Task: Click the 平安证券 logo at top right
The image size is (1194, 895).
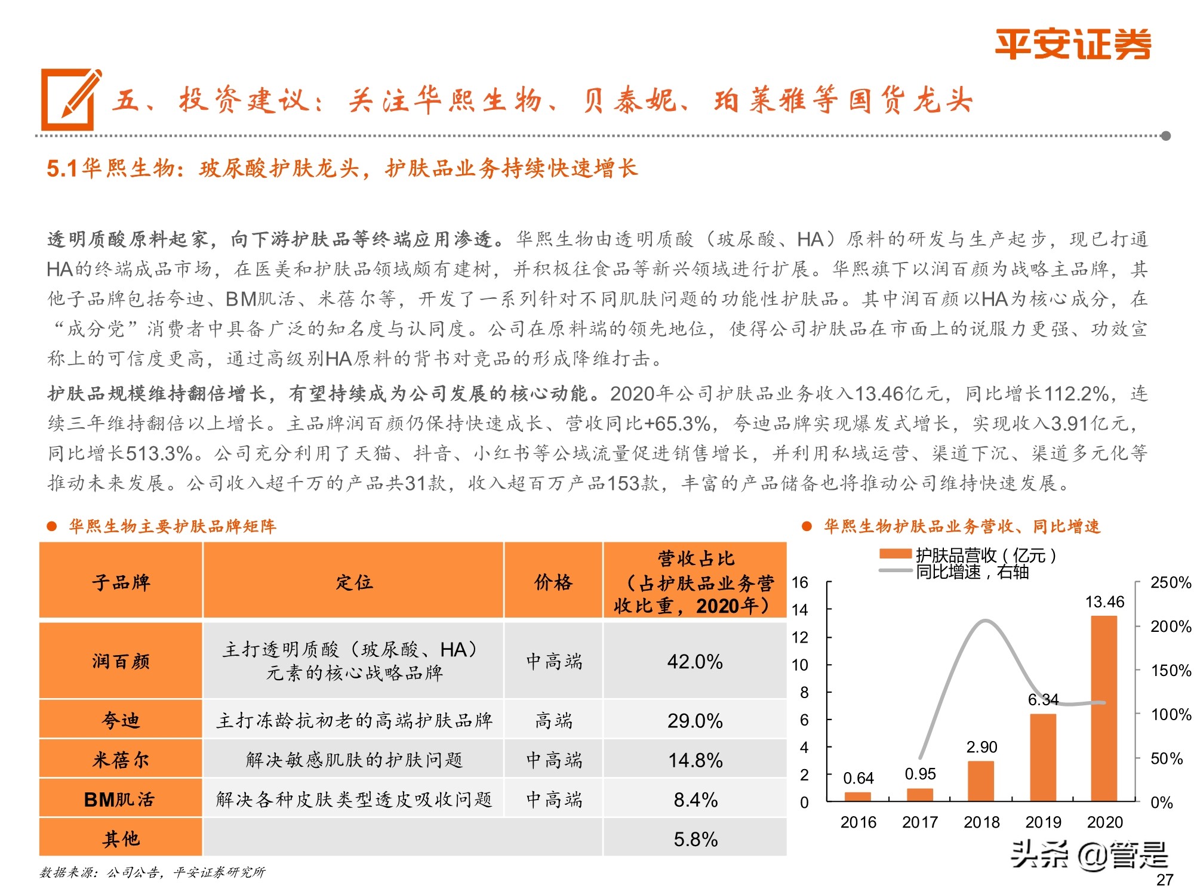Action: (1072, 44)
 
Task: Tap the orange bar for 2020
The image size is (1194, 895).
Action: (1104, 708)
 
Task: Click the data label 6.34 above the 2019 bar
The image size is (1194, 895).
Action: (1043, 699)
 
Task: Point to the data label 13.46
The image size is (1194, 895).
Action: (1104, 602)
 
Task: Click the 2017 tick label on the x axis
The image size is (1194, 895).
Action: (919, 822)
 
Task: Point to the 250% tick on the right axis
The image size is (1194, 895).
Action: (1170, 582)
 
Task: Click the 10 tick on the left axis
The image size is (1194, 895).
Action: (800, 665)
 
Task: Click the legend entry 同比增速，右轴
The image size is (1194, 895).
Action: (972, 572)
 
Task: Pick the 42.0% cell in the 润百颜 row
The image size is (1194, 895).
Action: (695, 661)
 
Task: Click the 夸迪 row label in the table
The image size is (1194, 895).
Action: (121, 720)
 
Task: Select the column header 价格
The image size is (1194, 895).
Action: (553, 582)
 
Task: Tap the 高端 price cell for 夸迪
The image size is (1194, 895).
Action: (553, 720)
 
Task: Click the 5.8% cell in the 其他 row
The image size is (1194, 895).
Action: (695, 839)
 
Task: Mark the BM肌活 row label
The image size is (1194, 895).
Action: (119, 799)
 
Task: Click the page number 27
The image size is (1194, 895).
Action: (1164, 879)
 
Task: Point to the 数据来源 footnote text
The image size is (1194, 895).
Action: (152, 872)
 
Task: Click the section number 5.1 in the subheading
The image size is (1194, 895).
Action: (62, 169)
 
